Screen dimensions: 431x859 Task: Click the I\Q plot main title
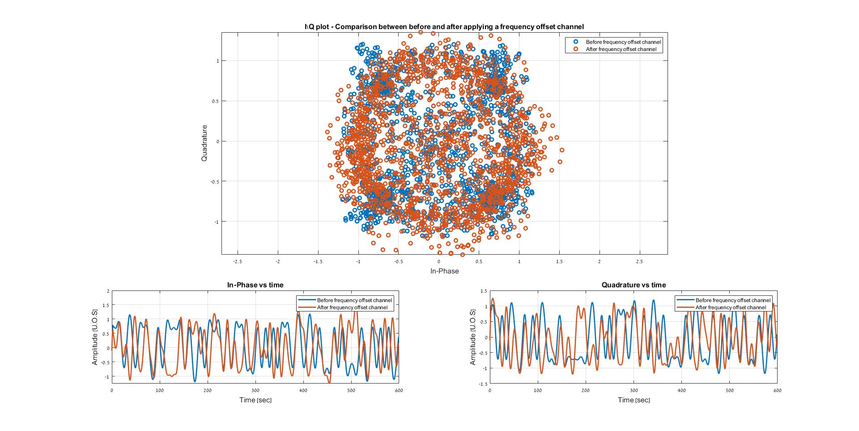pyautogui.click(x=444, y=26)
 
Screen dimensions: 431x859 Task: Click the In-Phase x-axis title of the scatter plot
pyautogui.click(x=444, y=271)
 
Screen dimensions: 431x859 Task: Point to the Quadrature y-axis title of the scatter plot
pyautogui.click(x=204, y=143)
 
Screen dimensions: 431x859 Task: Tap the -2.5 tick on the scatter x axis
pyautogui.click(x=238, y=261)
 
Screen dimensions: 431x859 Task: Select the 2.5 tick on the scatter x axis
pyautogui.click(x=639, y=261)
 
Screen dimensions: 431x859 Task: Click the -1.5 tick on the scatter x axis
pyautogui.click(x=318, y=261)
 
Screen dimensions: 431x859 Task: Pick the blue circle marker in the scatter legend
pyautogui.click(x=576, y=42)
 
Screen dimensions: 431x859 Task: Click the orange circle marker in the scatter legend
pyautogui.click(x=576, y=49)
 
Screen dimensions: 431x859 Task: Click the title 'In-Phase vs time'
pyautogui.click(x=255, y=285)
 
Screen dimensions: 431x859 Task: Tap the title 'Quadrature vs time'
pyautogui.click(x=634, y=285)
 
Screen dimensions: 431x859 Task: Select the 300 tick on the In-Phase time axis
pyautogui.click(x=255, y=390)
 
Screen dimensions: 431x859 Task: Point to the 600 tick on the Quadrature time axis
pyautogui.click(x=777, y=390)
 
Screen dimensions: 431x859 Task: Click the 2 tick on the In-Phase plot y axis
pyautogui.click(x=108, y=291)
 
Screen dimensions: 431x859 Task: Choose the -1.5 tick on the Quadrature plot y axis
pyautogui.click(x=483, y=384)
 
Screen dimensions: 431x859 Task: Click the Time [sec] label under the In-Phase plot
pyautogui.click(x=255, y=400)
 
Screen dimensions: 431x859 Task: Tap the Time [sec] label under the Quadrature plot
pyautogui.click(x=634, y=400)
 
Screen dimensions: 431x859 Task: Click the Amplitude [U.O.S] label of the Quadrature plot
pyautogui.click(x=473, y=337)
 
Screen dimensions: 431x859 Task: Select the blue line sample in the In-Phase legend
pyautogui.click(x=306, y=300)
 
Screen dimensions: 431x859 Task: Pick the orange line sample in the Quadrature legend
pyautogui.click(x=685, y=307)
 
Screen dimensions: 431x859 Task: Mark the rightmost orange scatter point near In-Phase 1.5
pyautogui.click(x=562, y=150)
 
